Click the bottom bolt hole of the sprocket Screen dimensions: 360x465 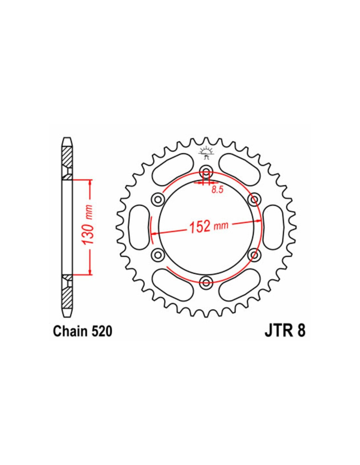coord(206,282)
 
